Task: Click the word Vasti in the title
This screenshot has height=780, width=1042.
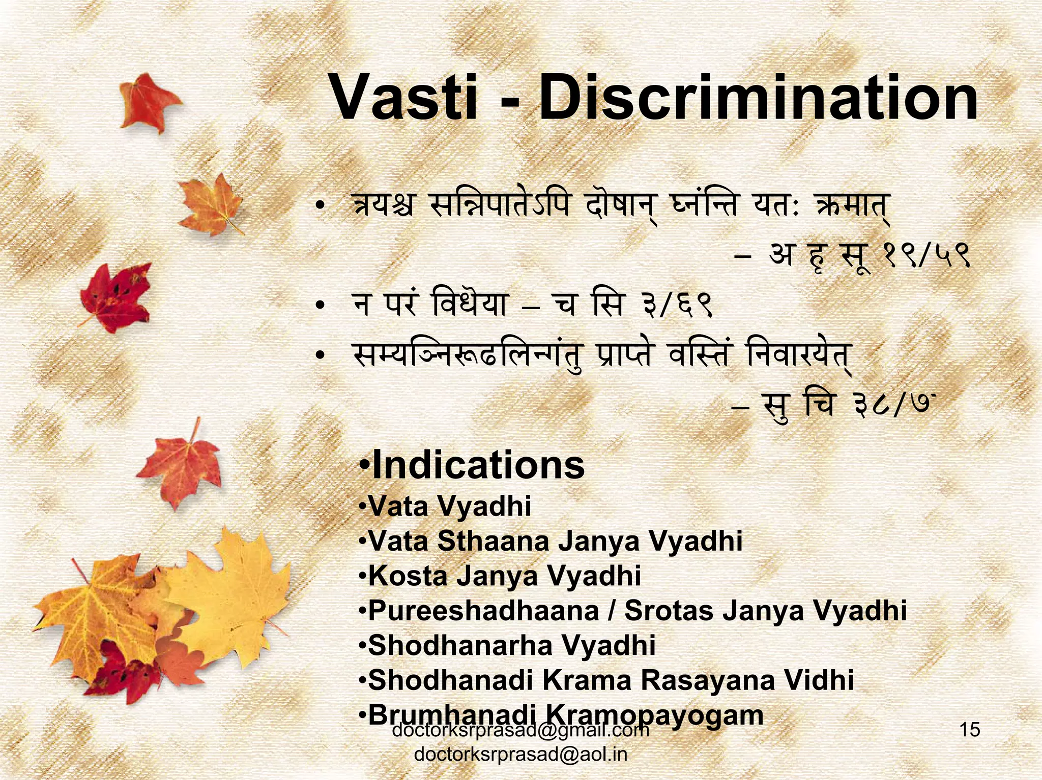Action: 404,98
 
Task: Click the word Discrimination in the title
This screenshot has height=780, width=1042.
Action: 758,98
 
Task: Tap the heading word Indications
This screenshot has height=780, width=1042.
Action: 478,465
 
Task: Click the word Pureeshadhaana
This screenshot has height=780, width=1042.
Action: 483,611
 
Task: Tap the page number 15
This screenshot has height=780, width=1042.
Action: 969,730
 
